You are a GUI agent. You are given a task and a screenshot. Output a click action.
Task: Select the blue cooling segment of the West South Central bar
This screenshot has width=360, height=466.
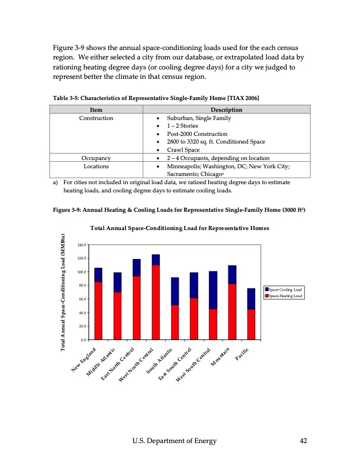click(213, 290)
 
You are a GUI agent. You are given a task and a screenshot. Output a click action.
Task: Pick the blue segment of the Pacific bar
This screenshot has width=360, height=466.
click(251, 299)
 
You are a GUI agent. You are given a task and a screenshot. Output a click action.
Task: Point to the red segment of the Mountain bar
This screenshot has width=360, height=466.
click(232, 312)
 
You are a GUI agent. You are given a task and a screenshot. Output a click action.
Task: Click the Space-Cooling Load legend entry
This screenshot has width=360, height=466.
click(284, 289)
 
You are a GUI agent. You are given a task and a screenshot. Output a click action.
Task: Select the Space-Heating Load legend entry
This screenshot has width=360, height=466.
click(284, 296)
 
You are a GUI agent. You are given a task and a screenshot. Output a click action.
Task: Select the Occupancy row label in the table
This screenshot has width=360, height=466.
click(97, 158)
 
